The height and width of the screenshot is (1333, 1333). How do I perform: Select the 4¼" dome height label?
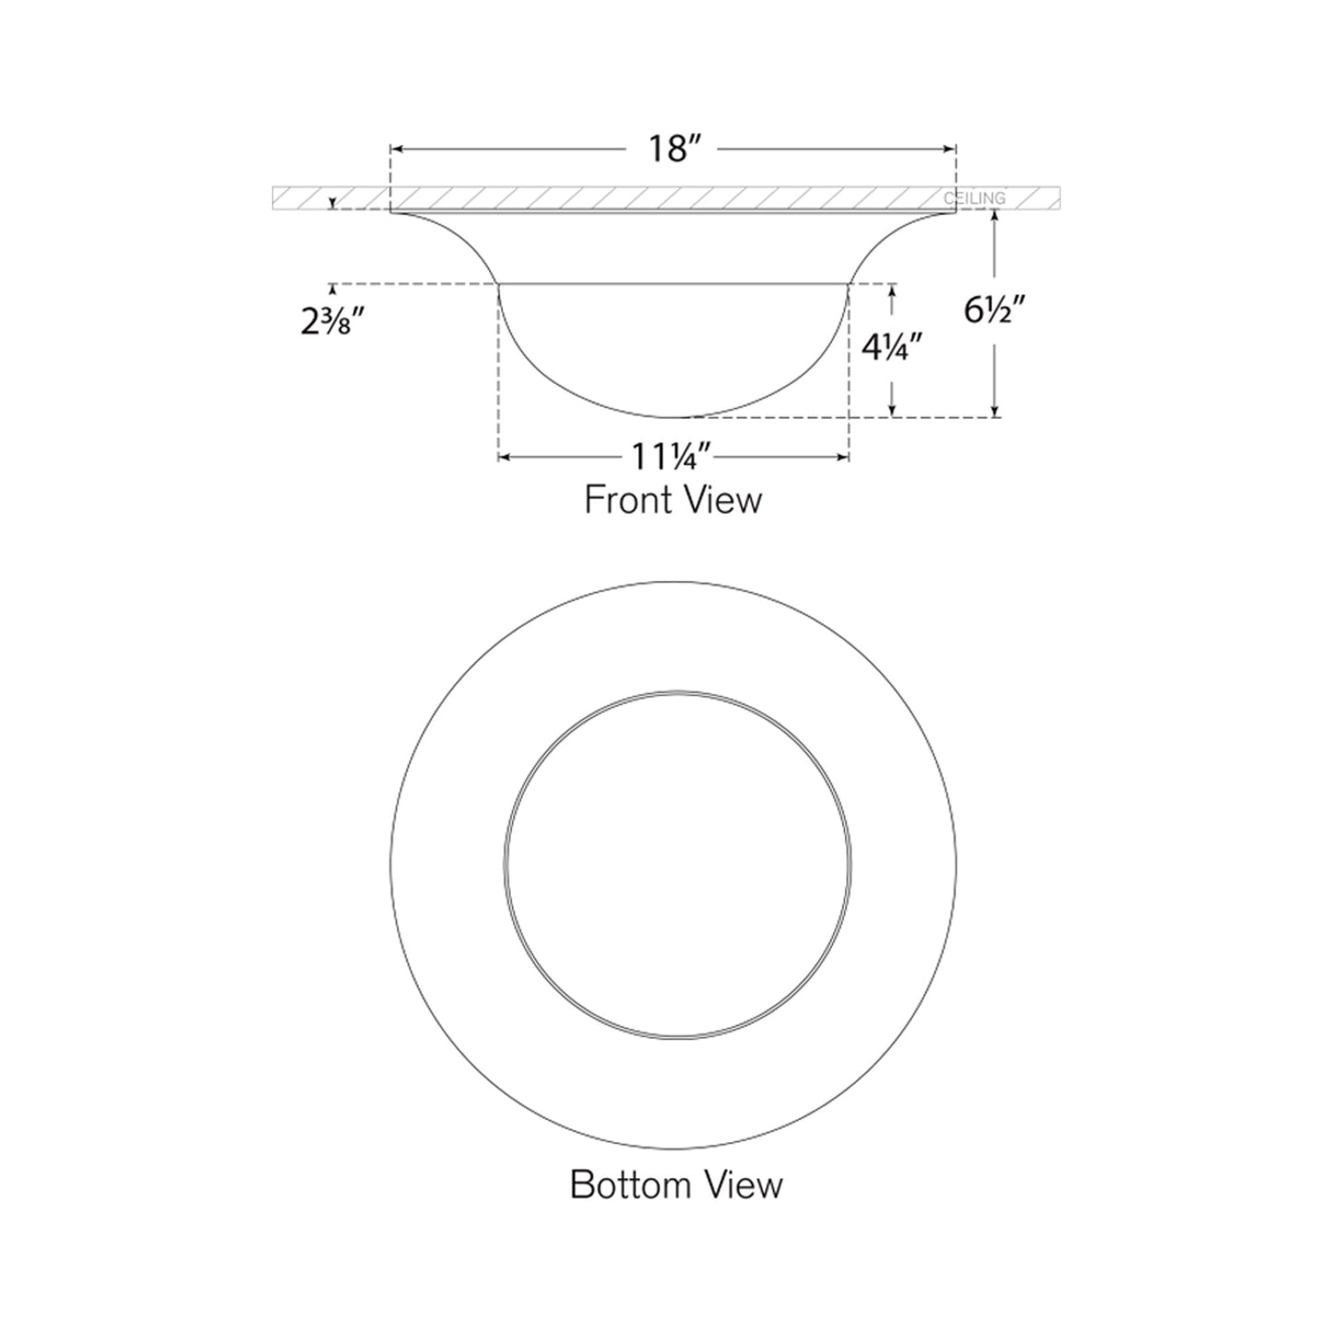[891, 349]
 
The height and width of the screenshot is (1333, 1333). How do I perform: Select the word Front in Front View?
[627, 500]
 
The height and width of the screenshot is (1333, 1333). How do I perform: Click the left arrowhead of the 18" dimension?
[395, 148]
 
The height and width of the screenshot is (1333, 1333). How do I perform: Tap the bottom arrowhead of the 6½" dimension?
[994, 411]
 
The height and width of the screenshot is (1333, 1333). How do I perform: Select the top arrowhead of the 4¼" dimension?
[891, 290]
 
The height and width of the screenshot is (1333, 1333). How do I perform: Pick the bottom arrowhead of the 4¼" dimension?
[891, 411]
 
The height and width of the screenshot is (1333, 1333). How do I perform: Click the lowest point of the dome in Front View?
[674, 417]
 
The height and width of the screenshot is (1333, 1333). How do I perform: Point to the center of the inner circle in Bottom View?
[677, 864]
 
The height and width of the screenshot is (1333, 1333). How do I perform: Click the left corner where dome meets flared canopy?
[499, 284]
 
